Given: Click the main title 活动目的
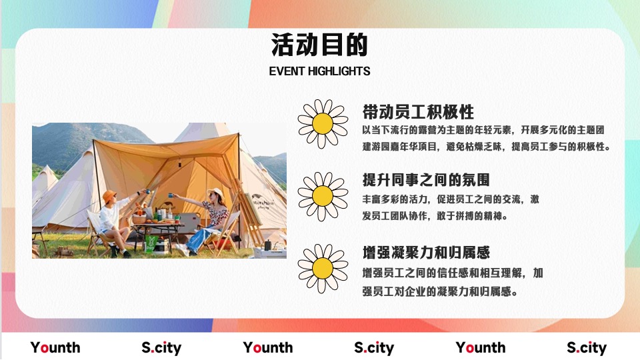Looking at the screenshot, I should tap(319, 46).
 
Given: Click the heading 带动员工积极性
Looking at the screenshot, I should tap(418, 111).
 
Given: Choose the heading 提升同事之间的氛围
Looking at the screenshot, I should tap(426, 180).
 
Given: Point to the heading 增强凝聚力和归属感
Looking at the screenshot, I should tap(426, 253).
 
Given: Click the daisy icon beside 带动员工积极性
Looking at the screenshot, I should tap(323, 123).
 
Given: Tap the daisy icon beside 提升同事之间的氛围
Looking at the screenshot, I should tap(323, 195).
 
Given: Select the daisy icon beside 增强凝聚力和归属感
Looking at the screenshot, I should tap(323, 268).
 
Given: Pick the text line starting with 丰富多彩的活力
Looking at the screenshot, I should tap(451, 199).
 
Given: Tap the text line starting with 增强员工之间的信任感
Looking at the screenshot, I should tap(453, 273).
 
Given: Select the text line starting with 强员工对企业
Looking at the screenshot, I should tap(441, 291).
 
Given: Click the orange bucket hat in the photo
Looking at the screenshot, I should tap(109, 196).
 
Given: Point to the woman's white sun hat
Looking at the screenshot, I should tap(216, 193).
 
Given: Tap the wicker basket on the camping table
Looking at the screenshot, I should tap(140, 218).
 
